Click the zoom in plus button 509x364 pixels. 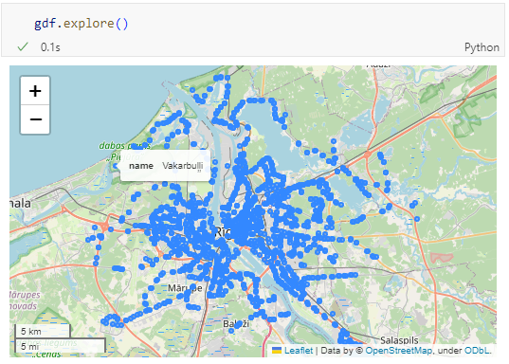(35, 91)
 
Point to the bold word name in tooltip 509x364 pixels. (141, 166)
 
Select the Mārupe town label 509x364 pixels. (158, 287)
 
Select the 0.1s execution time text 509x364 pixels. (49, 46)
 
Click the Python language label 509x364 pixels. (482, 46)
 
